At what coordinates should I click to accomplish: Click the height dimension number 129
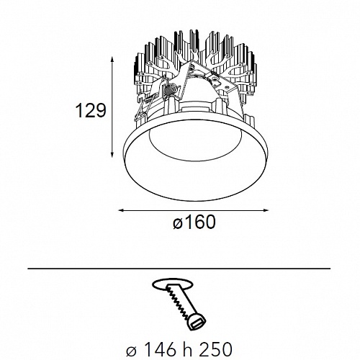coord(91,111)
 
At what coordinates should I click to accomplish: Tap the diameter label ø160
coord(194,222)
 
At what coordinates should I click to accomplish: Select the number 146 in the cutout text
coord(160,349)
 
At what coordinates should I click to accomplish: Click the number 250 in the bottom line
coord(216,349)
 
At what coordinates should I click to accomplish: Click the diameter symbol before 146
coord(131,351)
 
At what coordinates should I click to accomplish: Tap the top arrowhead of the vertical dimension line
coord(112,59)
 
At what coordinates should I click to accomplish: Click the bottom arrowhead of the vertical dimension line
coord(112,156)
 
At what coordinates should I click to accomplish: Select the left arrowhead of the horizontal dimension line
coord(122,210)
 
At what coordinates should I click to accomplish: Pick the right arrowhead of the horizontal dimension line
coord(266,210)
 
